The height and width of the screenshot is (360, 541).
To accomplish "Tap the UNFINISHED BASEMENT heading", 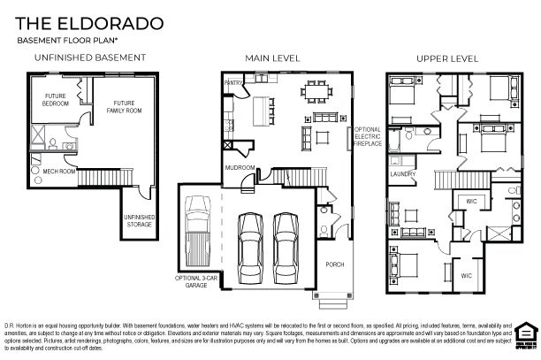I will (89, 57).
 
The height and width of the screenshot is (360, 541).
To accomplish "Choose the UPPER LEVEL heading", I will (447, 57).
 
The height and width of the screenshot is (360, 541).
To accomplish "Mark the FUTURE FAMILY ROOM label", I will (114, 108).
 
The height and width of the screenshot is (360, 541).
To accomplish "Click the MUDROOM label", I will (240, 166).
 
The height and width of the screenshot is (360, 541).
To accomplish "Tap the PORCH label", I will (334, 264).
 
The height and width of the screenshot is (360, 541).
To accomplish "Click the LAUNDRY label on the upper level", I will (403, 174).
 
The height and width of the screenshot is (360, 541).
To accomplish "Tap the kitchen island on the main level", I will (262, 111).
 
